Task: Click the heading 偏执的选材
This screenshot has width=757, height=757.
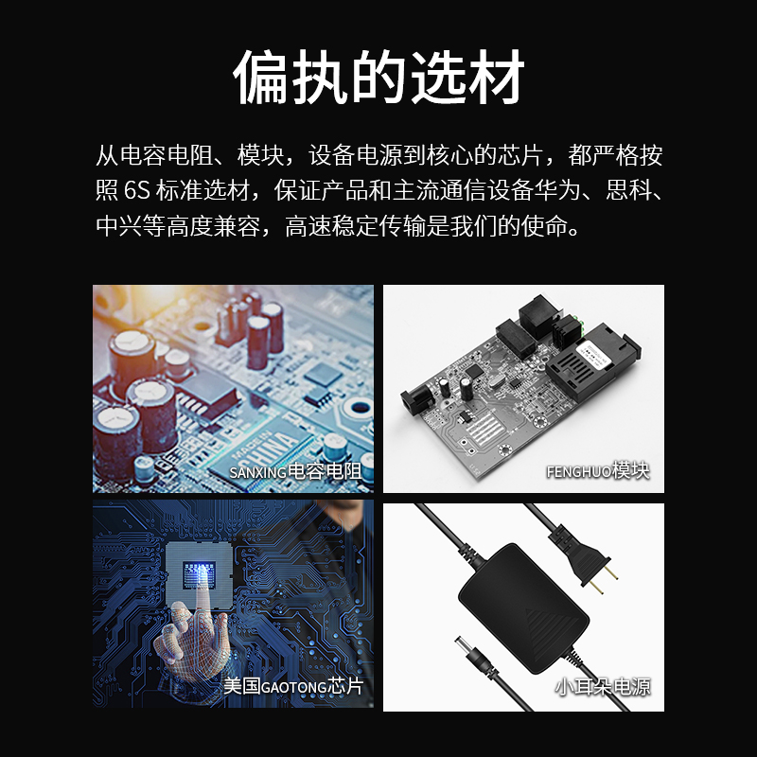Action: pos(378,78)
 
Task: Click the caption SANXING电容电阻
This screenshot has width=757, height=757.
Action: pos(295,471)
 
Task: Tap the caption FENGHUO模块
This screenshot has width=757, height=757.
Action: pos(598,470)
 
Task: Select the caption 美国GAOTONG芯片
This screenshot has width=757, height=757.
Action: pos(293,685)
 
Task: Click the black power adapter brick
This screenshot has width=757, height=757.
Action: pos(523,608)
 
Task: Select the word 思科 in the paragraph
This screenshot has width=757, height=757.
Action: pos(628,190)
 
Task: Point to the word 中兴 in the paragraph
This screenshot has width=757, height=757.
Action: pos(119,225)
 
